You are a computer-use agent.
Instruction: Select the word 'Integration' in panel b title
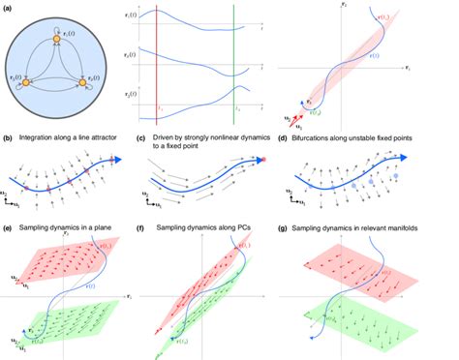point(40,141)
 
